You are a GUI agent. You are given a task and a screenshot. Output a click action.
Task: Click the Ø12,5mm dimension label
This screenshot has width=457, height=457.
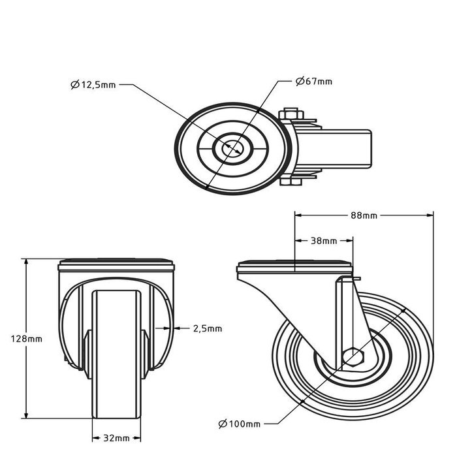93,85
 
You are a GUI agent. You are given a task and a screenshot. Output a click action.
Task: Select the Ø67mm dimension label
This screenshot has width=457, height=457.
313,82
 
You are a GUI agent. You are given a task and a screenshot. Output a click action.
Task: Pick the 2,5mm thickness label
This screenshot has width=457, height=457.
208,328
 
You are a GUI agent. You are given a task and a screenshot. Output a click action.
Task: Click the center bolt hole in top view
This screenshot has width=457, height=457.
232,149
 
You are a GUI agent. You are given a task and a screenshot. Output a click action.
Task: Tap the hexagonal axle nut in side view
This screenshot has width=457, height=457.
354,356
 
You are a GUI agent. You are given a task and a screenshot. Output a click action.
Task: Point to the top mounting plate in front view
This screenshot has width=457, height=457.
118,266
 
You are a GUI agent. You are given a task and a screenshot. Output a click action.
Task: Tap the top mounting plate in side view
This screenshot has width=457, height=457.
295,267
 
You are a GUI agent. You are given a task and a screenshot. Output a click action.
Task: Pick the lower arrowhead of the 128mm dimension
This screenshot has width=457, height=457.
27,416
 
